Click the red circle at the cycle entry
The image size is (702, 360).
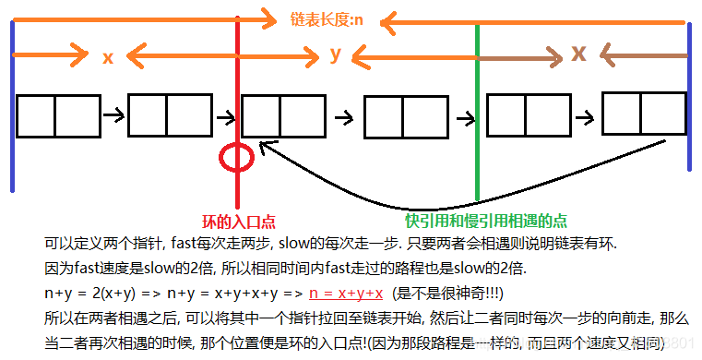tap(237, 157)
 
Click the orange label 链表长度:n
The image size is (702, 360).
tap(325, 18)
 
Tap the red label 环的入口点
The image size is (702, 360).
tap(239, 222)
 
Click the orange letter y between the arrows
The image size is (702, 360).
tap(337, 54)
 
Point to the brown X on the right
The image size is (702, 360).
tap(578, 54)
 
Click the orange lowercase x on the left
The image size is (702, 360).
tap(108, 57)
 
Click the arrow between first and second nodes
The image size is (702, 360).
tap(112, 115)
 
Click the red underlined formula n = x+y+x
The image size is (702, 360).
tap(346, 292)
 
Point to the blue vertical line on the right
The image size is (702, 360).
tap(690, 97)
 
